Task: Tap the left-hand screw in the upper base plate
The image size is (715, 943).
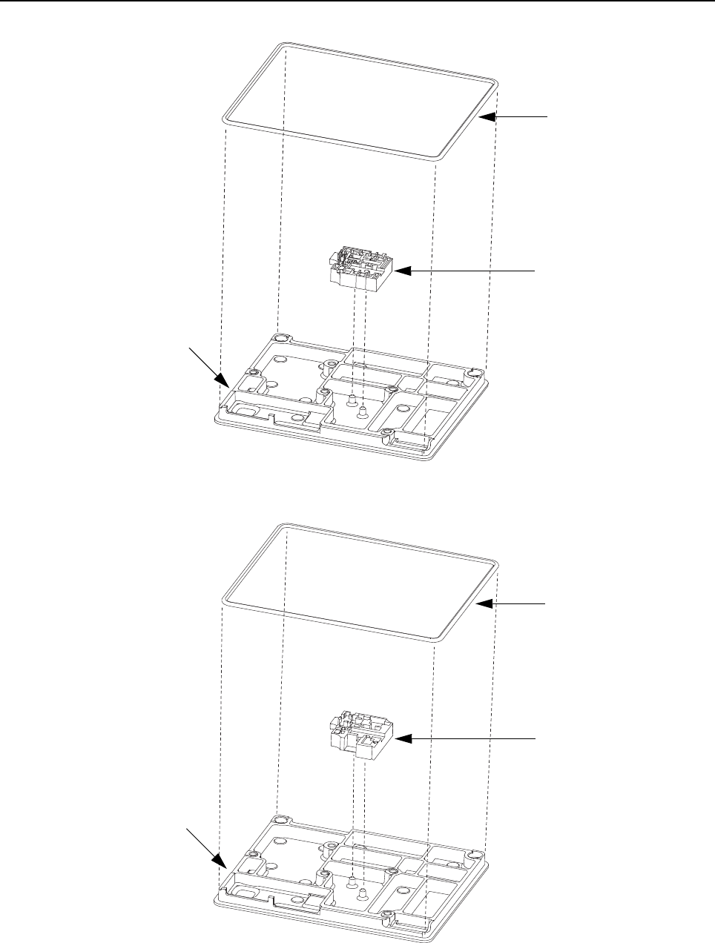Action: click(x=352, y=403)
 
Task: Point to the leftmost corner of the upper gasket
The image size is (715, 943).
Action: click(x=227, y=118)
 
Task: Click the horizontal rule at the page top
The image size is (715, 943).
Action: click(x=357, y=1)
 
